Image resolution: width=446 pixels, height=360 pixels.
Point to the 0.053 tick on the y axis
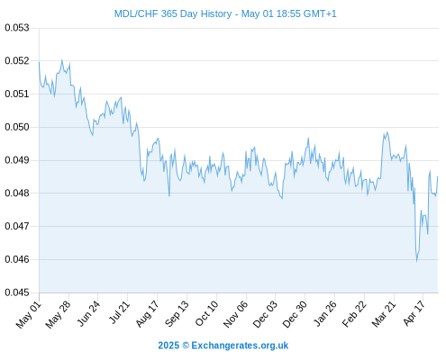point(17,28)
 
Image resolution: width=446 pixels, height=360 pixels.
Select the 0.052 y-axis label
point(17,61)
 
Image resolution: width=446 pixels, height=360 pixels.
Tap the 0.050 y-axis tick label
point(17,127)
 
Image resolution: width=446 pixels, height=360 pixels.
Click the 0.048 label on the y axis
point(17,193)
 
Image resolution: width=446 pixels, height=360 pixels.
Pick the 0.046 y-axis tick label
point(17,259)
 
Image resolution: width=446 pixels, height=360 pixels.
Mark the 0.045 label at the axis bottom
point(17,292)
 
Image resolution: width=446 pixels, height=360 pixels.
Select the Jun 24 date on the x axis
point(88,314)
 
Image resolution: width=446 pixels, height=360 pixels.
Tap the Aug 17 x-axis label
point(147,314)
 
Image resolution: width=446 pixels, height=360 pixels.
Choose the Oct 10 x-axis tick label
point(206,314)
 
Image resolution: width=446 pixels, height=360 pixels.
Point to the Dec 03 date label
point(265,314)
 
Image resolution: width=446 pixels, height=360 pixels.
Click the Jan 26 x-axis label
point(325,314)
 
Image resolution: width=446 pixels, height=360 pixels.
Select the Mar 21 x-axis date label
point(384,314)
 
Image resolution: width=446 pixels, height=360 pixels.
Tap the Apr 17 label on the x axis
point(414,313)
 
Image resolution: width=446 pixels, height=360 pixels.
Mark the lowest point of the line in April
point(416,261)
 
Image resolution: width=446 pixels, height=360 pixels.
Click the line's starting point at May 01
point(39,62)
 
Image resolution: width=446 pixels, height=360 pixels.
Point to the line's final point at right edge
point(438,176)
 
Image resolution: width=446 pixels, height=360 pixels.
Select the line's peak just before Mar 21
point(387,132)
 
